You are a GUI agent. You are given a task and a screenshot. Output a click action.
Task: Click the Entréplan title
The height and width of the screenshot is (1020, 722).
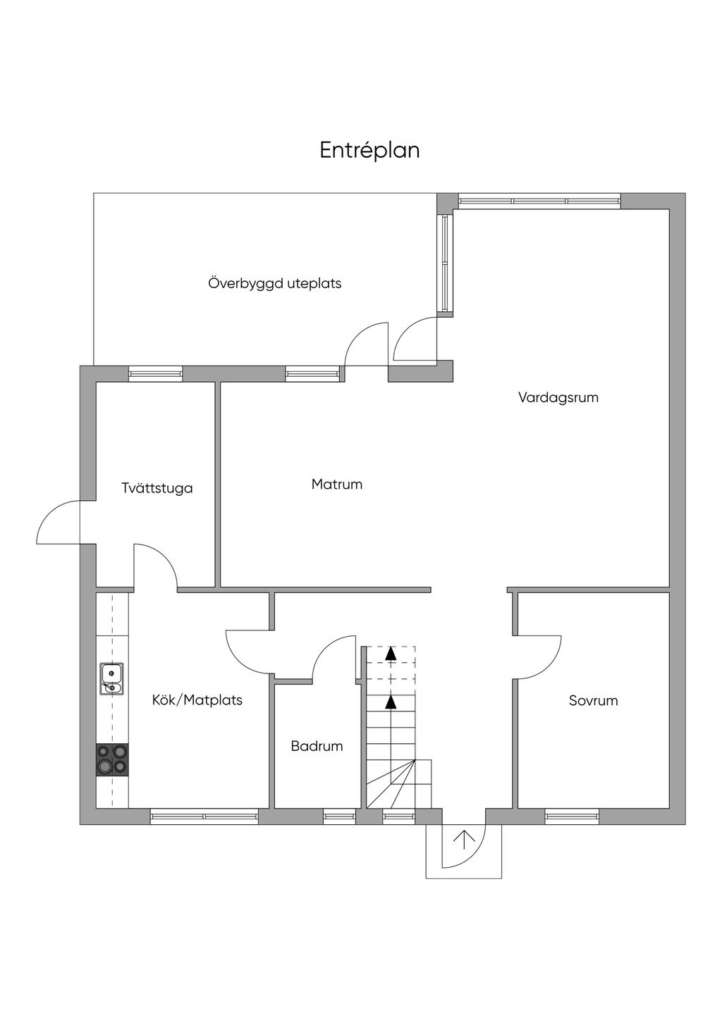click(x=369, y=150)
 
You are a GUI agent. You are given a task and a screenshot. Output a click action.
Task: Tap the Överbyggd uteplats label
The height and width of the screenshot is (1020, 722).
click(x=275, y=283)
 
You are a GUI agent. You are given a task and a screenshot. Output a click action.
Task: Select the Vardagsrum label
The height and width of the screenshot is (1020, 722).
click(x=558, y=397)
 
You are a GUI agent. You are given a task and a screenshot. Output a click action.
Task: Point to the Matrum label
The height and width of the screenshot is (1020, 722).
click(x=337, y=484)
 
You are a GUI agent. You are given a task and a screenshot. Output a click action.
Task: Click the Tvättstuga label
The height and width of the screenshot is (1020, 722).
click(x=157, y=487)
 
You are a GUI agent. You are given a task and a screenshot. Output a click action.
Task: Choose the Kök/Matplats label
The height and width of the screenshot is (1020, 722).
click(x=197, y=700)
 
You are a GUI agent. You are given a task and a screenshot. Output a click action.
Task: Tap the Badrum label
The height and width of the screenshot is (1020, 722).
click(x=317, y=746)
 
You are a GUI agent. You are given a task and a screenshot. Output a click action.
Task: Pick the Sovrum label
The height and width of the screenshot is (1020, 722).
click(x=594, y=700)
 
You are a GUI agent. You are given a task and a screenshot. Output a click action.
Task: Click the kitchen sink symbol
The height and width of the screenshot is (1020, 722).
click(x=111, y=679)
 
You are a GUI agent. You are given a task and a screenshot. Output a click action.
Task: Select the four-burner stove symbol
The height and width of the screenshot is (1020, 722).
click(x=112, y=759)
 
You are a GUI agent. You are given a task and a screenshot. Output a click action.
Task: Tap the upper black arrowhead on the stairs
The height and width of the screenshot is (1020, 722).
click(x=391, y=654)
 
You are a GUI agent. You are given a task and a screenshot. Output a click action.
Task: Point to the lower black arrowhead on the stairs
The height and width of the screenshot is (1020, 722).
click(x=391, y=703)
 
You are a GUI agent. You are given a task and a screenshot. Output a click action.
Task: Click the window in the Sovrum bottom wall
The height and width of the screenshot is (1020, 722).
click(x=572, y=817)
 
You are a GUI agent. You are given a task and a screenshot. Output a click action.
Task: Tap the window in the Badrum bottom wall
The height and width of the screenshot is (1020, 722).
click(x=339, y=817)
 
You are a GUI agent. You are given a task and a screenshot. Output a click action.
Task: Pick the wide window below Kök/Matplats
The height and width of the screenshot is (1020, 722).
click(x=204, y=817)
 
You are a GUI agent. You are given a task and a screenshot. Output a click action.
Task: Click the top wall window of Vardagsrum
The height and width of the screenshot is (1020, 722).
click(x=539, y=201)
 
